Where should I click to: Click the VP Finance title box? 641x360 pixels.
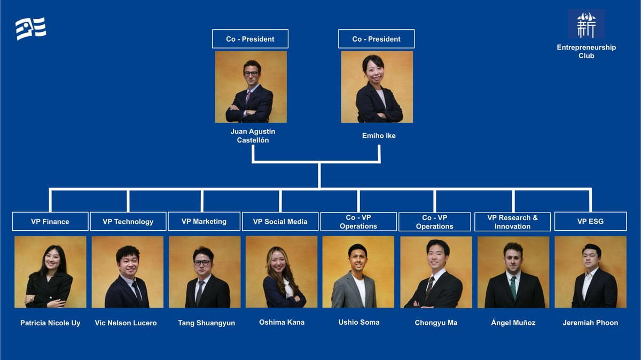click(x=50, y=222)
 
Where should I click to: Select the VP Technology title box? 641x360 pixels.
click(x=128, y=222)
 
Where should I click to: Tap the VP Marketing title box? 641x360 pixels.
click(x=204, y=222)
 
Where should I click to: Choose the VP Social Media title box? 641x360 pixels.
click(x=280, y=222)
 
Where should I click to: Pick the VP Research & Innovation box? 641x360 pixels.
click(x=512, y=222)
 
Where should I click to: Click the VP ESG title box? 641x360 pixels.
click(x=590, y=222)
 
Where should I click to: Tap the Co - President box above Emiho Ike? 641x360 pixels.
click(x=376, y=39)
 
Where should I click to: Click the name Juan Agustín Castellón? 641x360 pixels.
click(x=253, y=136)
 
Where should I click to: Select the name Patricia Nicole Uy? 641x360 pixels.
click(x=50, y=323)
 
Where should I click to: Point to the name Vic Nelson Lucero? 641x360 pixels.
click(x=126, y=323)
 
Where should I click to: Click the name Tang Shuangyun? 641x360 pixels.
click(x=206, y=323)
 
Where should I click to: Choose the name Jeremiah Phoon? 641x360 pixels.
click(x=590, y=323)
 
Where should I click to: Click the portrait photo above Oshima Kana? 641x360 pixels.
click(x=282, y=272)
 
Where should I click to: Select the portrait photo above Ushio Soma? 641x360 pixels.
click(x=358, y=272)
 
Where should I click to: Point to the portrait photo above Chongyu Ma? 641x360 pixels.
click(x=436, y=272)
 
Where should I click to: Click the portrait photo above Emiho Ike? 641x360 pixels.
click(x=377, y=87)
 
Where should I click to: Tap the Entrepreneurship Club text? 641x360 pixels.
click(x=586, y=51)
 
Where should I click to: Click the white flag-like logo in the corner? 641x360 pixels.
click(x=31, y=28)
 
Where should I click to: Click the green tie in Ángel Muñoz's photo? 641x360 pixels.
click(x=513, y=287)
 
